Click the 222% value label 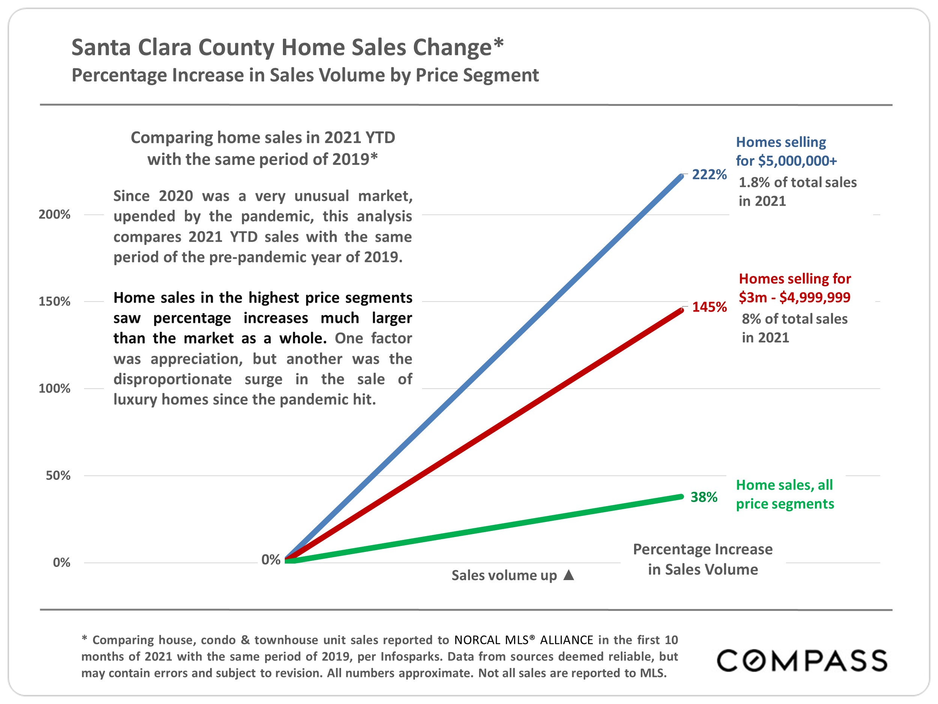pyautogui.click(x=709, y=175)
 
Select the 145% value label pyautogui.click(x=709, y=307)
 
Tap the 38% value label pyautogui.click(x=703, y=497)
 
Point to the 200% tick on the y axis pyautogui.click(x=54, y=214)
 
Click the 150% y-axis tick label pyautogui.click(x=54, y=301)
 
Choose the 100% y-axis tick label pyautogui.click(x=54, y=388)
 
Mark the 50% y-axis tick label pyautogui.click(x=58, y=475)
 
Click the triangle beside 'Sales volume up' pyautogui.click(x=569, y=575)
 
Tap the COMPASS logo pyautogui.click(x=801, y=661)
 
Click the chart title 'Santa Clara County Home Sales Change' pyautogui.click(x=287, y=47)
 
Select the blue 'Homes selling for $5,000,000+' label pyautogui.click(x=786, y=151)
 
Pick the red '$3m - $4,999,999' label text pyautogui.click(x=794, y=297)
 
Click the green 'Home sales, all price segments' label pyautogui.click(x=785, y=494)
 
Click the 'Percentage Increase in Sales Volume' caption pyautogui.click(x=703, y=559)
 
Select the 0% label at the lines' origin pyautogui.click(x=271, y=560)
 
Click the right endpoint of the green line pyautogui.click(x=681, y=496)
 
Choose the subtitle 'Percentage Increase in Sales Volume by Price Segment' pyautogui.click(x=305, y=75)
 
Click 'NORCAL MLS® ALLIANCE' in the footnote pyautogui.click(x=523, y=639)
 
